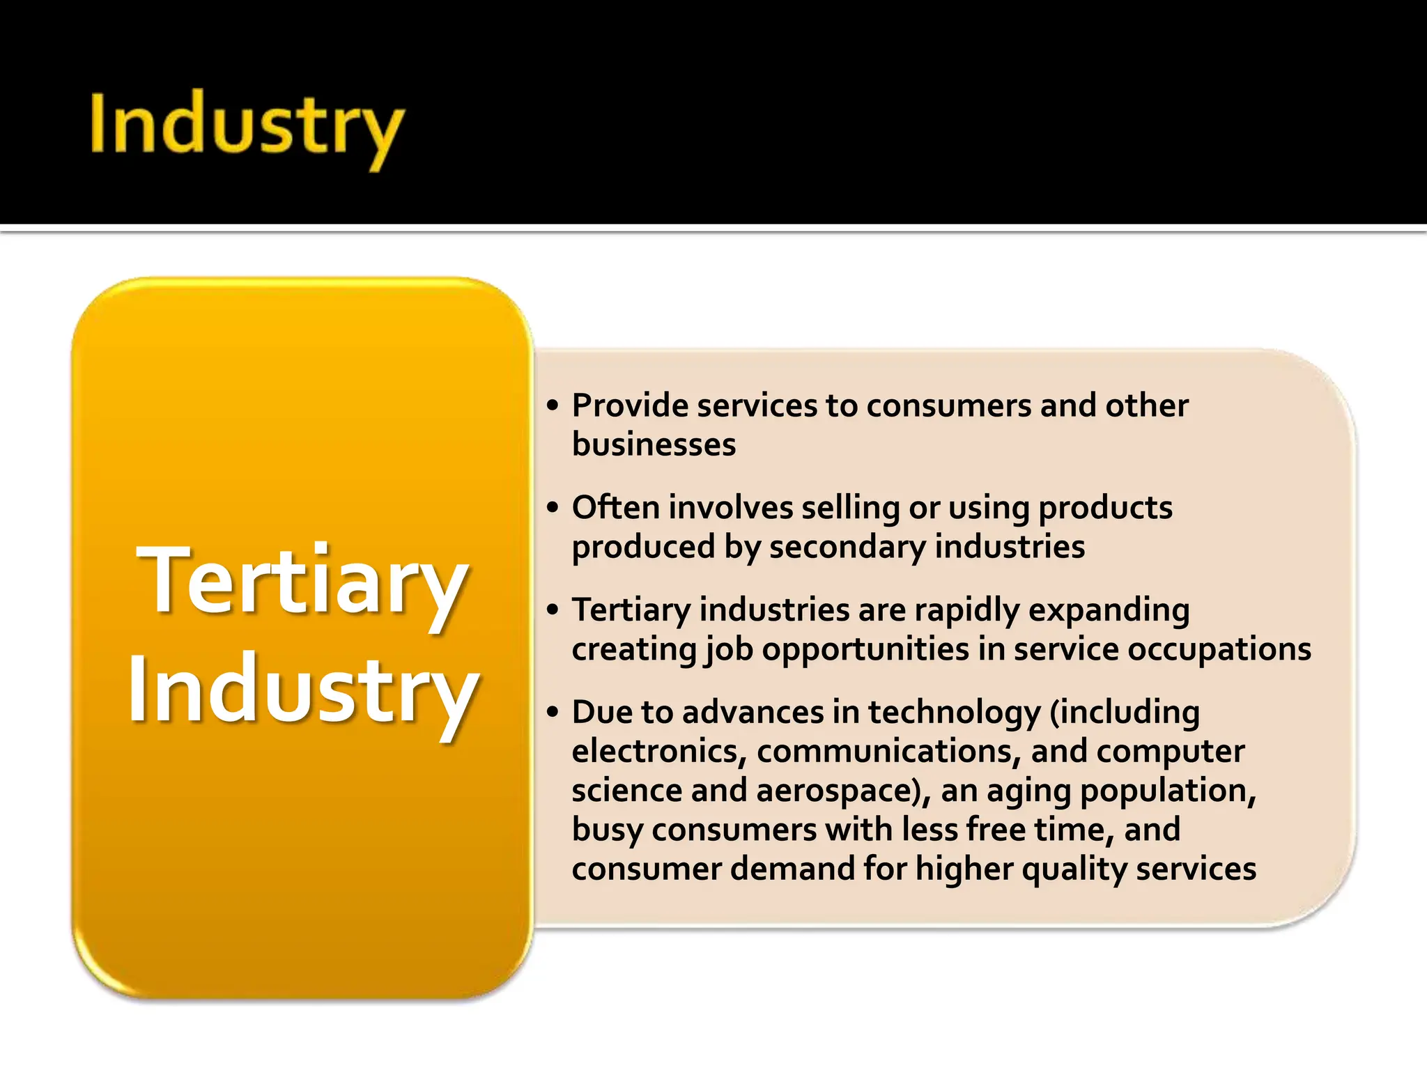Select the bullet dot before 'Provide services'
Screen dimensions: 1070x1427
(553, 405)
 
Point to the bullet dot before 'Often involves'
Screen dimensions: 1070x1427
(553, 507)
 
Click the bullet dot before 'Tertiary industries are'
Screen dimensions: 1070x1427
(553, 610)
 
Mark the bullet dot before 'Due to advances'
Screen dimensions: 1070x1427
(553, 712)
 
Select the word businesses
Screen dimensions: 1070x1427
(654, 444)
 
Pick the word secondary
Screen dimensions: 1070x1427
(847, 547)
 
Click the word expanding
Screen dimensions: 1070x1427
(1109, 610)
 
